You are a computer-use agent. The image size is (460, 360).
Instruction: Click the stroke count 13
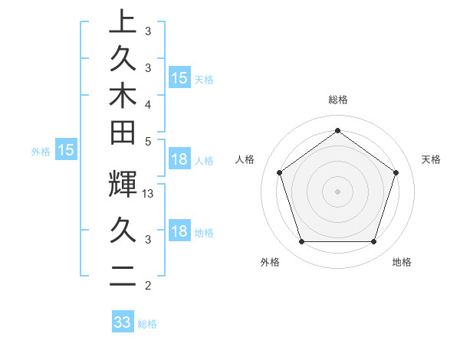149,194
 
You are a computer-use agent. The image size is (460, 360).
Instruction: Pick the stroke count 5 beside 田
147,141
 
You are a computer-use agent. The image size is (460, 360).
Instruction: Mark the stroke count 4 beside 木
147,103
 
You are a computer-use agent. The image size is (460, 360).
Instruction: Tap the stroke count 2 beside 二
147,286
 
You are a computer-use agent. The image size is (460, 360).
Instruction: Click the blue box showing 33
123,322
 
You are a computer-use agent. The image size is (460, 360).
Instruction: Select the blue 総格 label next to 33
147,324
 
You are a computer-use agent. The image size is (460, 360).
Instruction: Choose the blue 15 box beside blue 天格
179,77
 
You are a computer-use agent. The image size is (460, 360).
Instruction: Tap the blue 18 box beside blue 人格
179,159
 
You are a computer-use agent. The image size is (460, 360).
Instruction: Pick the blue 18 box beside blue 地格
179,231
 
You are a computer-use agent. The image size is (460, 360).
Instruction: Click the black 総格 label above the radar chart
338,100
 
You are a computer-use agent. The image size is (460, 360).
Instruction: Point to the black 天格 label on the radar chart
431,159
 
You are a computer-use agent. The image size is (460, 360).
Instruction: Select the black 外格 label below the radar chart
270,262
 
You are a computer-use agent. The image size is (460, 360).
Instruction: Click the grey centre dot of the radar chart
337,191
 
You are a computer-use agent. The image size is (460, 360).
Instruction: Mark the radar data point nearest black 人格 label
279,172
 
